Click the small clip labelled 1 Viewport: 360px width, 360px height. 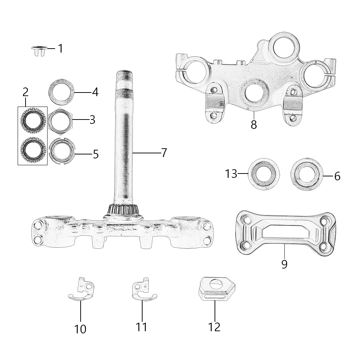tap(39, 51)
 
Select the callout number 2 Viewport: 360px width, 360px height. tap(26, 92)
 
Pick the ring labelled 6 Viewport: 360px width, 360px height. tap(306, 174)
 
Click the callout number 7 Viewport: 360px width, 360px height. tap(164, 153)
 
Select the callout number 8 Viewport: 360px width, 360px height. tap(254, 125)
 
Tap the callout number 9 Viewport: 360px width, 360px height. tap(284, 264)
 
